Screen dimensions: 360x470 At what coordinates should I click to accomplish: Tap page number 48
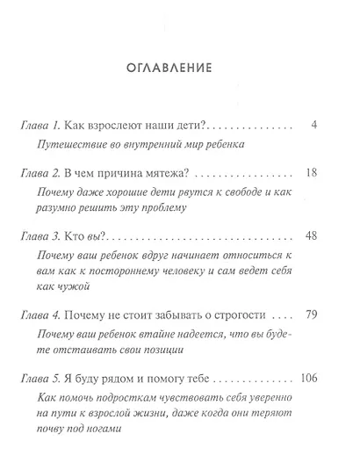pyautogui.click(x=310, y=237)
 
